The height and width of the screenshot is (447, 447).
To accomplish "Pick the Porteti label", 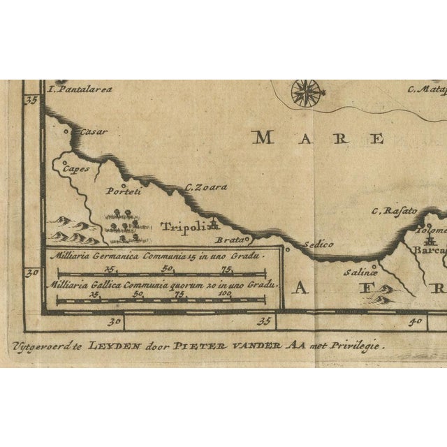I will tap(124, 191).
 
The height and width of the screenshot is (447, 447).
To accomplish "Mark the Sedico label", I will tap(318, 244).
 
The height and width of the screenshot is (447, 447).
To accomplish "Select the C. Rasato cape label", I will tap(394, 210).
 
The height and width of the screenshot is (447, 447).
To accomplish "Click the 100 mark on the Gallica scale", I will tap(224, 294).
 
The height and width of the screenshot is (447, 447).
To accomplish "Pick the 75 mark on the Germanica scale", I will tap(226, 268).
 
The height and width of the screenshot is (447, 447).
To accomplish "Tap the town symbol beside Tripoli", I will tap(214, 224).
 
